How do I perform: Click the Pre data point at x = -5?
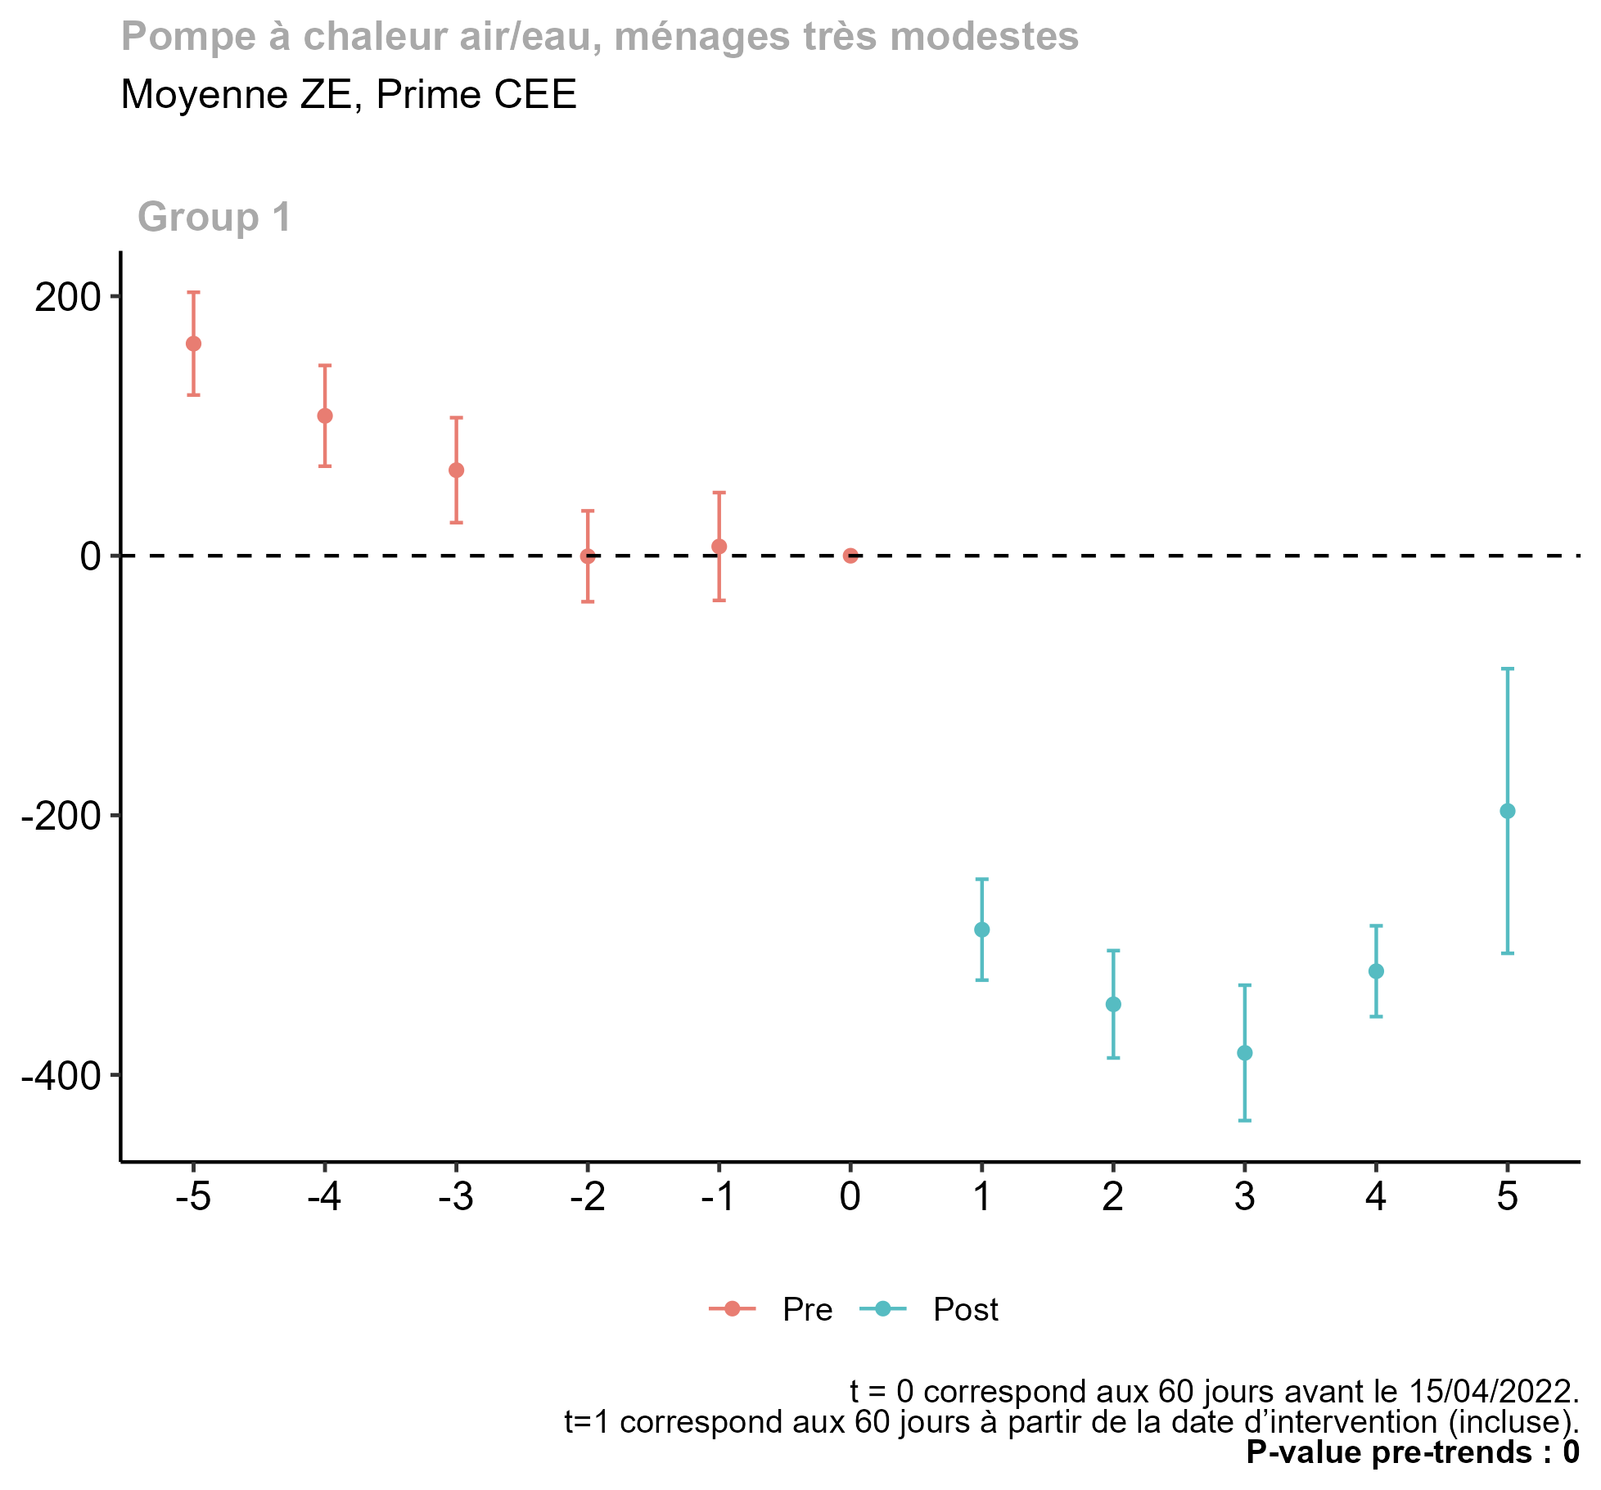(x=193, y=344)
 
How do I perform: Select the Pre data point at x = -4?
(x=325, y=416)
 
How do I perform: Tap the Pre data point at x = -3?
(x=457, y=470)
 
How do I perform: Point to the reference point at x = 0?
(x=850, y=556)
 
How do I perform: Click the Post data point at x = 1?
(x=982, y=930)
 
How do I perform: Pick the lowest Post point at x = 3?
(x=1245, y=1053)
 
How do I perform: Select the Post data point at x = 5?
(x=1508, y=812)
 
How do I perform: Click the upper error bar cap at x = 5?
(x=1508, y=669)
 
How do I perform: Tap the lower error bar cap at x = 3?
(x=1245, y=1120)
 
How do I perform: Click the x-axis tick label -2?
(x=587, y=1198)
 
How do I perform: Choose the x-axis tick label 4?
(x=1376, y=1198)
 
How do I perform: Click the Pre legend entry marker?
(x=733, y=1309)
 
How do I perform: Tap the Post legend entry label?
(x=966, y=1310)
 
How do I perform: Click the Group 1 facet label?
(x=214, y=218)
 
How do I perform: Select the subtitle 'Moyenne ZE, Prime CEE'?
(x=349, y=95)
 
